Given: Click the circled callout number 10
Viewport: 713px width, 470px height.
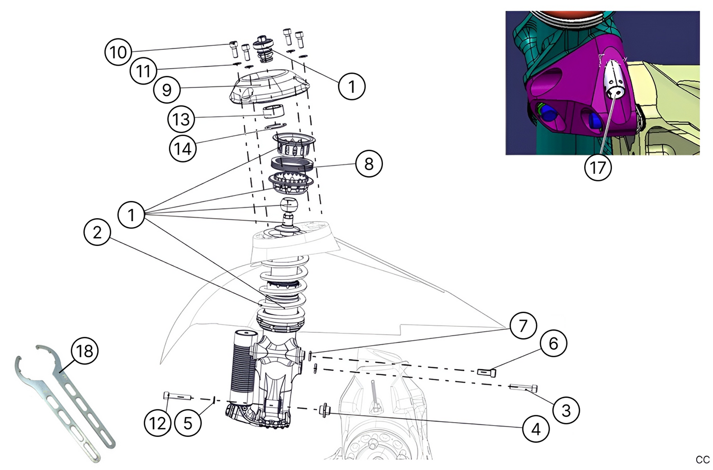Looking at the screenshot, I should (118, 52).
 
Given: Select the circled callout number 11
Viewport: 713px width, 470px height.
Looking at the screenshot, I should (143, 71).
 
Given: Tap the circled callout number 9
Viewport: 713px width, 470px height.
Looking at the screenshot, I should (167, 90).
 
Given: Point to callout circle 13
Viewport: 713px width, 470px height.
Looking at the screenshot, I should (181, 119).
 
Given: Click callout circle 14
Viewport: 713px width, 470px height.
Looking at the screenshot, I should (183, 148).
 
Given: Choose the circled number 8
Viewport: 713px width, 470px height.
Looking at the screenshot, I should (369, 163).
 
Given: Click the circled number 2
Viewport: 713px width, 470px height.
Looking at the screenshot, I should (97, 232).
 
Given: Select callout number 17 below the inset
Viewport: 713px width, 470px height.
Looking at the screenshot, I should (598, 167).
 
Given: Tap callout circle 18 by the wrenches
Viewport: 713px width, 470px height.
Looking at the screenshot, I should (84, 351).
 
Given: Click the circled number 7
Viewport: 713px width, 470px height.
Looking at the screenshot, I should (523, 325).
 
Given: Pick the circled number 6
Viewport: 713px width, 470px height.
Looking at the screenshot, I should (553, 343).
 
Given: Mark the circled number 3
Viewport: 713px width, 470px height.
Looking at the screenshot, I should (566, 410).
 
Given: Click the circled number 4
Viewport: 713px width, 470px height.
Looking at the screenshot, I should (536, 429).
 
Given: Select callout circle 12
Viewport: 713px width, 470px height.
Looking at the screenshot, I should (157, 423).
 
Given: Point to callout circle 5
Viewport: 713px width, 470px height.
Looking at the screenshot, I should (188, 423).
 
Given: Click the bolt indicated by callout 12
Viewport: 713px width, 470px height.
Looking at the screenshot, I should (176, 395).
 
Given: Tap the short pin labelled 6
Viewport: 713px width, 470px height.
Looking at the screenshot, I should (486, 372).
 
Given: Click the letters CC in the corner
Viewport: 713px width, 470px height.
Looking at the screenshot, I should (702, 460).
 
